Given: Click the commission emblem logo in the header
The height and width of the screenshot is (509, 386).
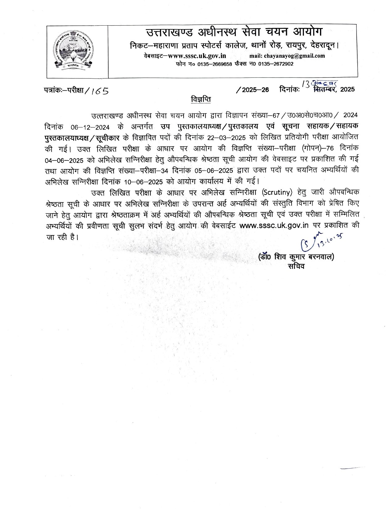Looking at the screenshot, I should click(x=73, y=51).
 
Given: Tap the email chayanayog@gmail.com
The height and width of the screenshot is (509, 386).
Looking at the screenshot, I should click(x=294, y=56).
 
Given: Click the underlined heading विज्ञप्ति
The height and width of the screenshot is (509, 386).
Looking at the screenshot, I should click(x=200, y=100).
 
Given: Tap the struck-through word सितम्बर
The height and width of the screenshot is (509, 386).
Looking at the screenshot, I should click(x=326, y=89).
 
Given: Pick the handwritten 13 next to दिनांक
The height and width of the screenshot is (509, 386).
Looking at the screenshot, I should click(x=306, y=84).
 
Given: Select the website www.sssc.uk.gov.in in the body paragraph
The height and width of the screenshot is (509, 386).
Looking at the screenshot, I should click(x=274, y=226).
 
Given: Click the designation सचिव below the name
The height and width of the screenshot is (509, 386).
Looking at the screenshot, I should click(x=296, y=266).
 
